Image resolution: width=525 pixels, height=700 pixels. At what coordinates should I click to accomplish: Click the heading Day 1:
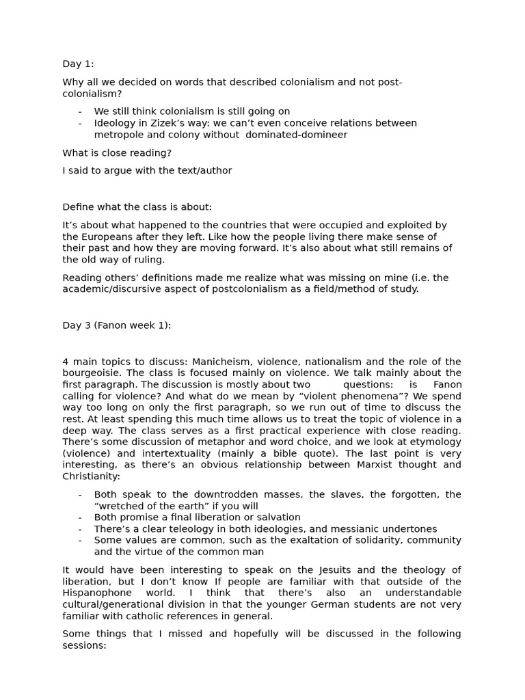(78, 64)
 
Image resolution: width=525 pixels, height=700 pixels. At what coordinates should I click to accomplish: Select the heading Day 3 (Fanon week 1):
(117, 325)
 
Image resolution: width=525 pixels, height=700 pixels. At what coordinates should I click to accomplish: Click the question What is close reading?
(117, 153)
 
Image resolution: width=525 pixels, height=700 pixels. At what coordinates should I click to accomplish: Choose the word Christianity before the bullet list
(91, 476)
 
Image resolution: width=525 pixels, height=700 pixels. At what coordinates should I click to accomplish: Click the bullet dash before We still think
(80, 111)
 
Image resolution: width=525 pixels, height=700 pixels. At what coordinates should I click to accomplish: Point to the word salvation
(274, 517)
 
